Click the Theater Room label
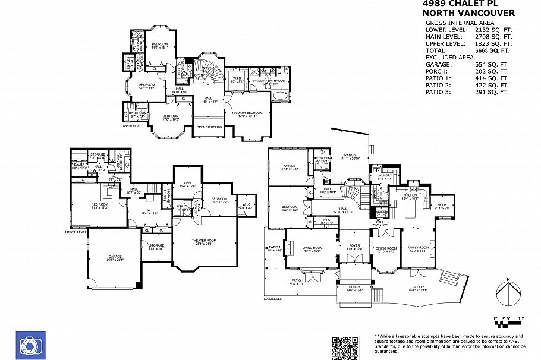[203, 241]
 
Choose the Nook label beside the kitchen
[441, 205]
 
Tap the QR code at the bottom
[346, 347]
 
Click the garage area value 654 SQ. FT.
[493, 64]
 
